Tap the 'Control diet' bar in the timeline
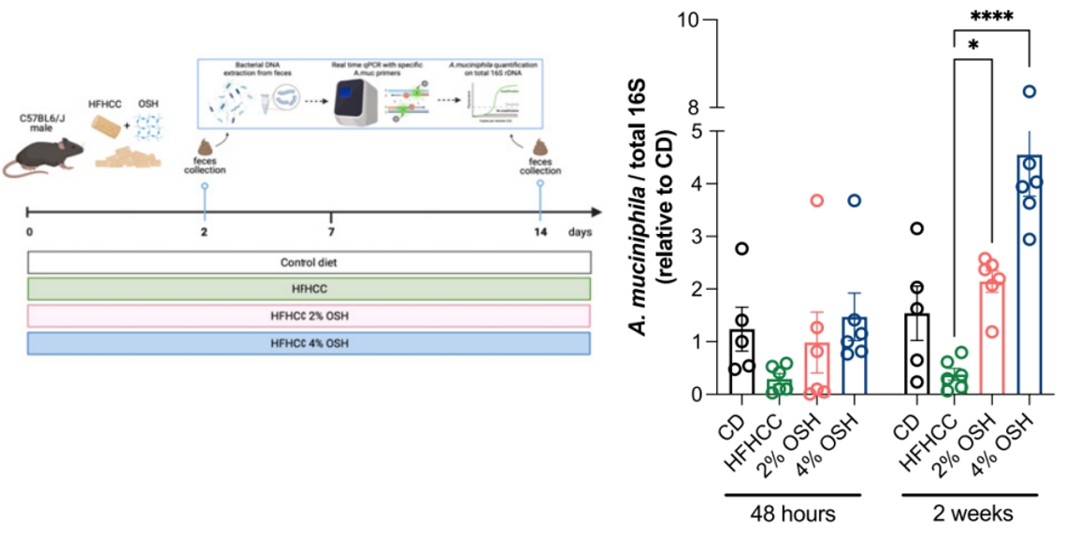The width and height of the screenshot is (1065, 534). (x=309, y=262)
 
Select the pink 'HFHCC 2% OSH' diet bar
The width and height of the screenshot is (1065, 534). (x=309, y=316)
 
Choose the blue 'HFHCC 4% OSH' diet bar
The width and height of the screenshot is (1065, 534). (x=309, y=343)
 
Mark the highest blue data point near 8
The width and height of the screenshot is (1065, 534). (x=1029, y=92)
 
